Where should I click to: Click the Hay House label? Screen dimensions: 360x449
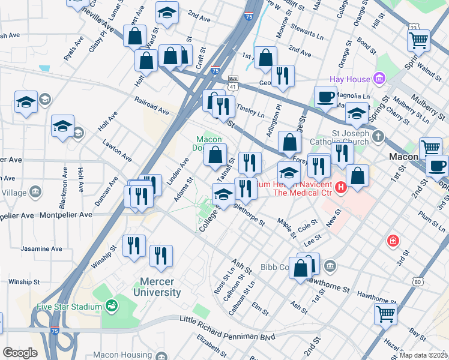click(x=350, y=79)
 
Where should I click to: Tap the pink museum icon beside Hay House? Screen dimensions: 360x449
click(x=379, y=78)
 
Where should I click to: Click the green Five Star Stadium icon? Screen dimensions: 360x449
click(x=110, y=307)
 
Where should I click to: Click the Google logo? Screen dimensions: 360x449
click(x=20, y=353)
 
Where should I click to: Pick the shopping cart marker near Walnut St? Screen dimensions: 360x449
click(x=418, y=40)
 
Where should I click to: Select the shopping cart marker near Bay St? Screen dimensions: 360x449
click(x=385, y=313)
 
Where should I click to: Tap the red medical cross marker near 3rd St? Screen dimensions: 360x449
click(x=393, y=241)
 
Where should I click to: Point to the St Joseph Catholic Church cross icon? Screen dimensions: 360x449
click(x=378, y=136)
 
